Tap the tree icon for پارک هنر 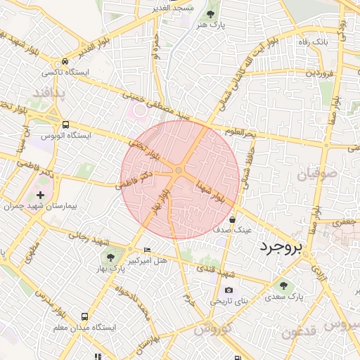(x=211, y=13)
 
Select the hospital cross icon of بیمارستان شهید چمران (x=39, y=195)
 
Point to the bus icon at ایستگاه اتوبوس (x=65, y=122)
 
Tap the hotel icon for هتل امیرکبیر (x=146, y=250)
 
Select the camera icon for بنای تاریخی (x=229, y=290)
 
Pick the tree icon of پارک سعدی (x=284, y=285)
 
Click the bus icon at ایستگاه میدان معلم (x=84, y=316)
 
